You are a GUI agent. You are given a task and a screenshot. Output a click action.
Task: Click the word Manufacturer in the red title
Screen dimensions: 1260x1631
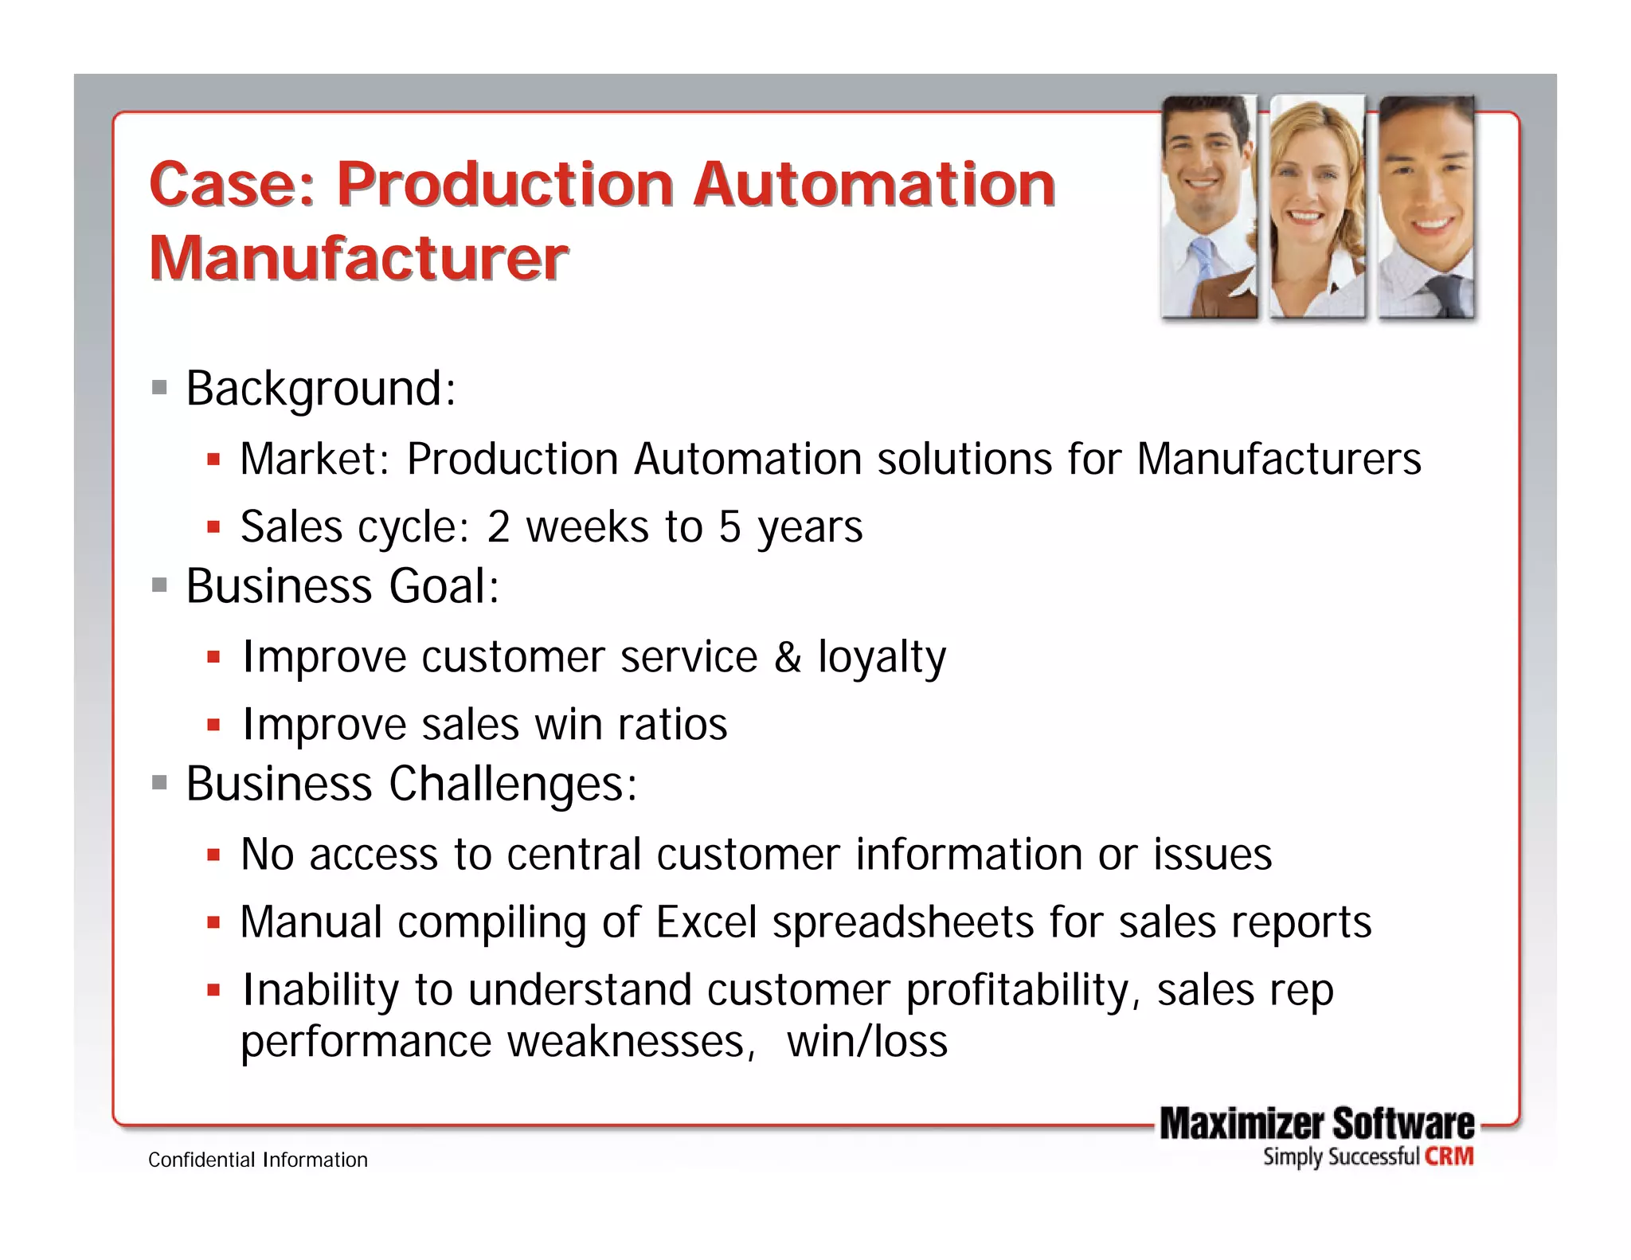point(358,259)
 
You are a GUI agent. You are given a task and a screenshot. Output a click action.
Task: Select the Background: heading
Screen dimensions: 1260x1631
point(320,389)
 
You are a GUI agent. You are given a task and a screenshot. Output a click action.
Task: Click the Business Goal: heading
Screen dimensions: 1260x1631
point(342,586)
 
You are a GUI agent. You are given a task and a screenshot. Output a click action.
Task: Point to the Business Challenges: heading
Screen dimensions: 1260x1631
point(411,784)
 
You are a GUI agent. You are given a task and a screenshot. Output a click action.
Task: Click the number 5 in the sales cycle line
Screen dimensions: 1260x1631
point(729,527)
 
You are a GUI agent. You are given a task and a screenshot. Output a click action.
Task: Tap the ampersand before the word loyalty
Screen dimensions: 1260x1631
point(787,658)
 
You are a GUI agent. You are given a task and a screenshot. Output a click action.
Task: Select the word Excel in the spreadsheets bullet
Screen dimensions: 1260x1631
point(706,922)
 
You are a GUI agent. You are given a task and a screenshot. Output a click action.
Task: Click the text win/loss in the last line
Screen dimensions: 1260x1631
point(867,1042)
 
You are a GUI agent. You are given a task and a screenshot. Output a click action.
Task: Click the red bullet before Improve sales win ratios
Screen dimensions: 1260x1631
point(213,726)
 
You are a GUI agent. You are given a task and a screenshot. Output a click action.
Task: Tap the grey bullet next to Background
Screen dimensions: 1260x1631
point(159,389)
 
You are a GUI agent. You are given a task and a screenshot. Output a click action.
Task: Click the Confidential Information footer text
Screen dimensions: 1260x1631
point(258,1160)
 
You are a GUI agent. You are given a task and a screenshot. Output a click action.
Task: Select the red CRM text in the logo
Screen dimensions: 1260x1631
point(1449,1156)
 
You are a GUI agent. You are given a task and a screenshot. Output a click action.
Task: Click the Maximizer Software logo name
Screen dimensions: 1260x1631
point(1316,1125)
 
